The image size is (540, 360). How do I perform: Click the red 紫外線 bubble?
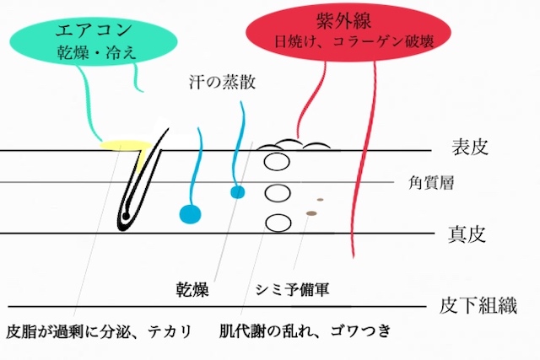348,32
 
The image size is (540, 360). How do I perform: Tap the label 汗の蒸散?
223,83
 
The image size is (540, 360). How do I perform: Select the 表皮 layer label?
470,147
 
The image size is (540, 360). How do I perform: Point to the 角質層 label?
431,183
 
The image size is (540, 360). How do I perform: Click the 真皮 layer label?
467,234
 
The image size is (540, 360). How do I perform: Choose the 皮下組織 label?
478,305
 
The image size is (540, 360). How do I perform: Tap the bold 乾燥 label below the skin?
192,289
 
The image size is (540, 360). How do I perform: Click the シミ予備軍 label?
293,289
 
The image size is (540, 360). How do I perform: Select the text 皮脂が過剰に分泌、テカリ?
99,332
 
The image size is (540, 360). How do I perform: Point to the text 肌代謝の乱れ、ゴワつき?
305,331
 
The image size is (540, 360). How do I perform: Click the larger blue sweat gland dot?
190,214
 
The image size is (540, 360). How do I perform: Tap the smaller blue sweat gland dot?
238,192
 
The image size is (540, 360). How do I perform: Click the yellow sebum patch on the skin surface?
126,145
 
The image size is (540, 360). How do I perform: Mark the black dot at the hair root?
126,216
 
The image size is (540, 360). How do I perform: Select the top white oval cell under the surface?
277,162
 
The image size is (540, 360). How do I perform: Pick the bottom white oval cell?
278,223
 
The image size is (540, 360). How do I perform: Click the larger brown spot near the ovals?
311,213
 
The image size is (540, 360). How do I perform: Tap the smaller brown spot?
321,200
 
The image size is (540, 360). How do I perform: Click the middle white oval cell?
277,193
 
